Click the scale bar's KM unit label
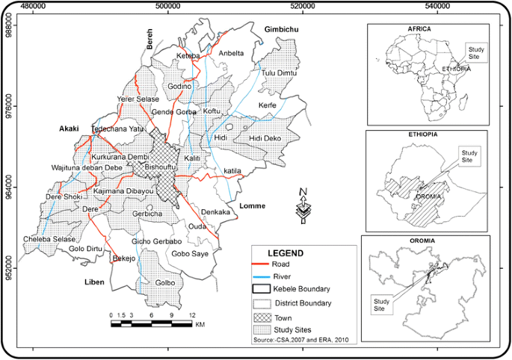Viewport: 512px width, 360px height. click(201, 325)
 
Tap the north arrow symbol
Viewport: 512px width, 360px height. click(303, 206)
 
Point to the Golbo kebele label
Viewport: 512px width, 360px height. click(165, 283)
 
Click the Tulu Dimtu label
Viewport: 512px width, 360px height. click(280, 72)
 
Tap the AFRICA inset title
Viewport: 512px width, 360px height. click(419, 28)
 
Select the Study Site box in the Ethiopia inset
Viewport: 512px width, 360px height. click(469, 155)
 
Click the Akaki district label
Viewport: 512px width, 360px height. click(70, 128)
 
